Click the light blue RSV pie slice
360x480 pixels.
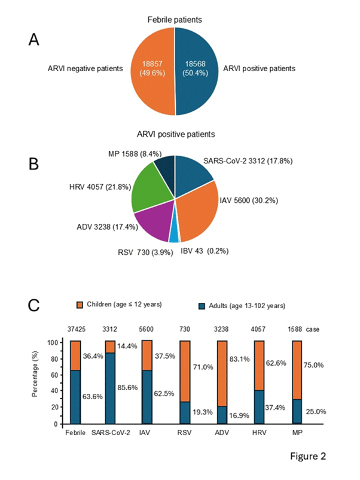[173, 236]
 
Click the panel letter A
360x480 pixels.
[36, 40]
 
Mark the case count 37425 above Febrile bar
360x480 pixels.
[75, 329]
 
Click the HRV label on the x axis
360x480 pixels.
[261, 432]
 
